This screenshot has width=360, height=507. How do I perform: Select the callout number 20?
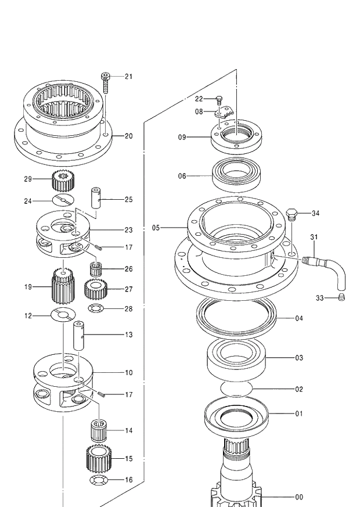[128, 136]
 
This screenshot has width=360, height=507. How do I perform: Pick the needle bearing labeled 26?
[95, 269]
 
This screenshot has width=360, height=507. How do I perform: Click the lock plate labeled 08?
[223, 111]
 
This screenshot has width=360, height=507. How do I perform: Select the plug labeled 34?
[293, 215]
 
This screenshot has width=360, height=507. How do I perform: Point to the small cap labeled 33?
[343, 298]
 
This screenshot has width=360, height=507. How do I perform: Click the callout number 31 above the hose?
[314, 237]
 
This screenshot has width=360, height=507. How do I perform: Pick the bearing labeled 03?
[236, 359]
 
